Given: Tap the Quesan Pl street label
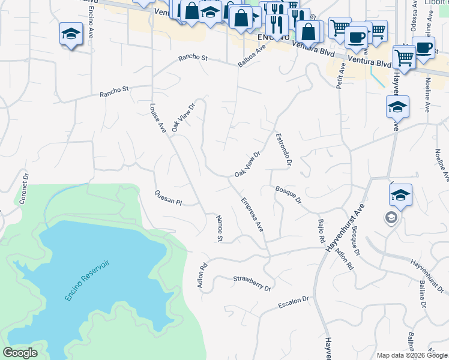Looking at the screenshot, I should click(167, 198).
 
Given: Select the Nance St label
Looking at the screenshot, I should click(219, 229).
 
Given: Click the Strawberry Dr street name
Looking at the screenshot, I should click(252, 283).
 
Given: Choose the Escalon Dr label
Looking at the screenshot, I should click(293, 304).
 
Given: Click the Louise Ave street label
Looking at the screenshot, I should click(157, 118).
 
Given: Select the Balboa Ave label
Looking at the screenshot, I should click(252, 55).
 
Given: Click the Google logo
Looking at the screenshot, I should click(20, 353).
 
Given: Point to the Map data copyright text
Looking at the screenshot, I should click(412, 355).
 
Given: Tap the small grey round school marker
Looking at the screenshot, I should click(391, 217).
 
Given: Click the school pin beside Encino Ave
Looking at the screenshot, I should click(71, 34).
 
